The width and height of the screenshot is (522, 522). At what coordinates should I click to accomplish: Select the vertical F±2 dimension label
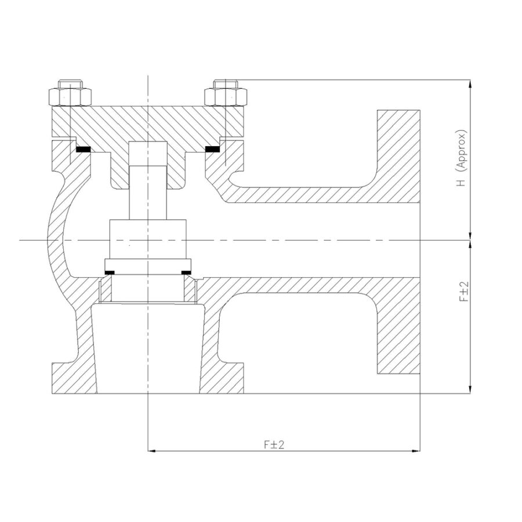pyautogui.click(x=464, y=291)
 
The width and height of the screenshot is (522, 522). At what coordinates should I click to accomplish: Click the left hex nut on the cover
pyautogui.click(x=70, y=97)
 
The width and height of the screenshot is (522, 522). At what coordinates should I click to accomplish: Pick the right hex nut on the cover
pyautogui.click(x=226, y=97)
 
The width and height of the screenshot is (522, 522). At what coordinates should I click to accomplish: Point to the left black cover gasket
pyautogui.click(x=83, y=150)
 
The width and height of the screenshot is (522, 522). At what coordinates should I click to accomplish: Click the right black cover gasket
pyautogui.click(x=212, y=150)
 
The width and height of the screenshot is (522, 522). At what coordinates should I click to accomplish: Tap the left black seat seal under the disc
pyautogui.click(x=110, y=273)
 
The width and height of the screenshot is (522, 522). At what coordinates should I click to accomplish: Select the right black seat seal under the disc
pyautogui.click(x=186, y=273)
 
